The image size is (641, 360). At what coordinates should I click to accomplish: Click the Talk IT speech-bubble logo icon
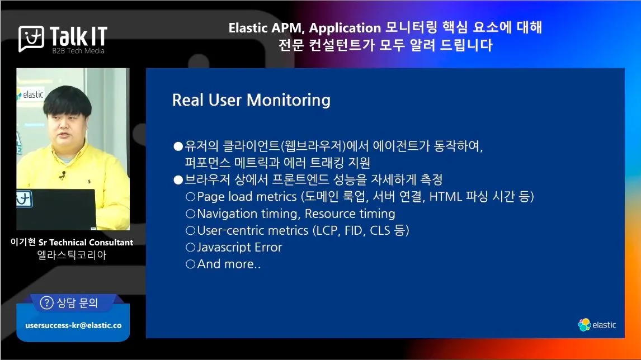coord(31,39)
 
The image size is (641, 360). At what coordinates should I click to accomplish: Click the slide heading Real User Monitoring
coord(251,100)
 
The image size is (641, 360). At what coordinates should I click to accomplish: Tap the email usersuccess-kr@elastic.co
coord(74,325)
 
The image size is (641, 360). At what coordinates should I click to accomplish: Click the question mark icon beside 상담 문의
coord(46,303)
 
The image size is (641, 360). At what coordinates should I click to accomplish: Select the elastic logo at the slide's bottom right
coord(597,325)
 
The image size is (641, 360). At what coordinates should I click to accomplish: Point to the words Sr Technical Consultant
coord(86,242)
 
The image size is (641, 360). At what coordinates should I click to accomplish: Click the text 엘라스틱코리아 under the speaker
coord(72,255)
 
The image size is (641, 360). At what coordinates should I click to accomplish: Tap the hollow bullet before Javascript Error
coord(191,247)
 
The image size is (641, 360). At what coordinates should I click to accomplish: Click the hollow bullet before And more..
coord(191,264)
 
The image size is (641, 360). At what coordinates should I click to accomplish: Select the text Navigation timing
coord(248,214)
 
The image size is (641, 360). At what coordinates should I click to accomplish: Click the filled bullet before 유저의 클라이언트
coord(178,146)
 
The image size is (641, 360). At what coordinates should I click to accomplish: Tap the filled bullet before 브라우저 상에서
coord(178,180)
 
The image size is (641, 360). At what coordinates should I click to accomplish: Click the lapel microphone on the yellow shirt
coord(63,176)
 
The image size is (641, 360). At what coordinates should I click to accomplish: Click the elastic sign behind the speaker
coord(30,95)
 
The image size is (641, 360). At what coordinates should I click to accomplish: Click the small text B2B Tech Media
coord(78,51)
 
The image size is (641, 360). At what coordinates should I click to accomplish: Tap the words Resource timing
coord(350,214)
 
